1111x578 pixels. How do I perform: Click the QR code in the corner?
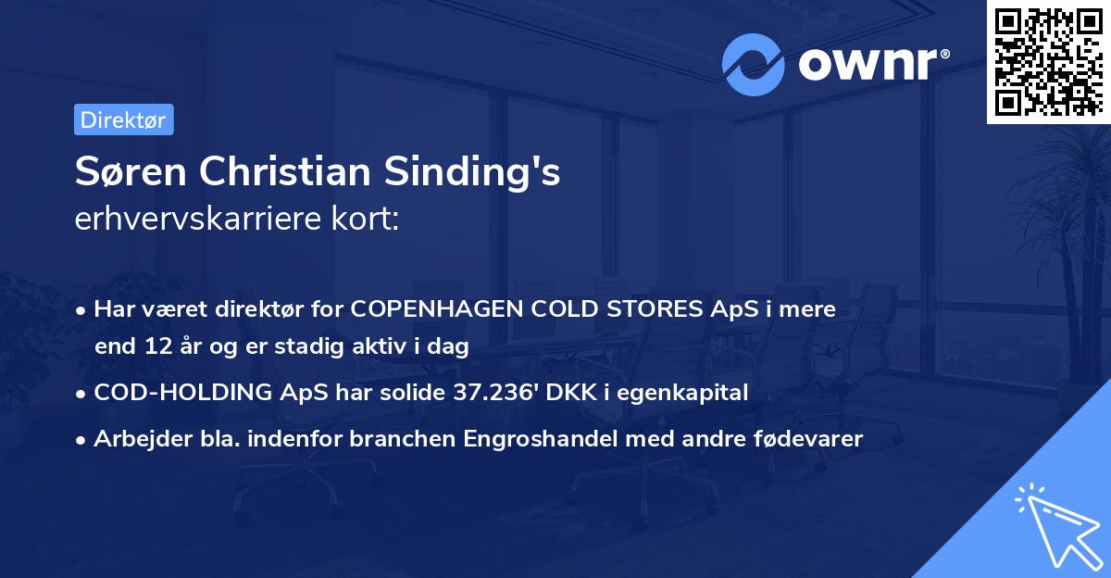(1048, 61)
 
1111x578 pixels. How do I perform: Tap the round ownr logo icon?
(753, 64)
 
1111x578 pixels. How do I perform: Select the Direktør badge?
(123, 119)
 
